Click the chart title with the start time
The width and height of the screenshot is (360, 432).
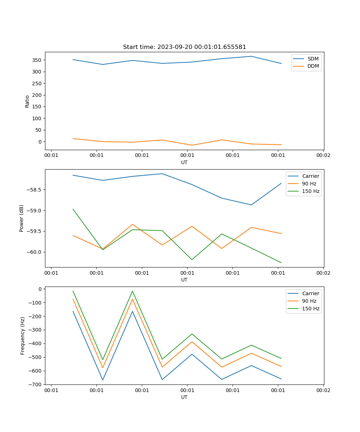[184, 47]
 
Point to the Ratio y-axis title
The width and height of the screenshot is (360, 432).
[27, 102]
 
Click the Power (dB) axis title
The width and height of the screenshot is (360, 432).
[22, 218]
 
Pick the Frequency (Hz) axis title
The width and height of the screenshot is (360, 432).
[22, 336]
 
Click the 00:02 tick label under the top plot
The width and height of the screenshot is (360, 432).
[323, 155]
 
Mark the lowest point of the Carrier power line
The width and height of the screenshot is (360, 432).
[251, 205]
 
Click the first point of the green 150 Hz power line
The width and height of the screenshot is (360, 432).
[73, 209]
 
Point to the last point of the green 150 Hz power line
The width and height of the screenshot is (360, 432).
[281, 262]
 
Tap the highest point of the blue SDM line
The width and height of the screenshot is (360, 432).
[251, 56]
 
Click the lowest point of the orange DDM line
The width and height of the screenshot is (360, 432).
[192, 145]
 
